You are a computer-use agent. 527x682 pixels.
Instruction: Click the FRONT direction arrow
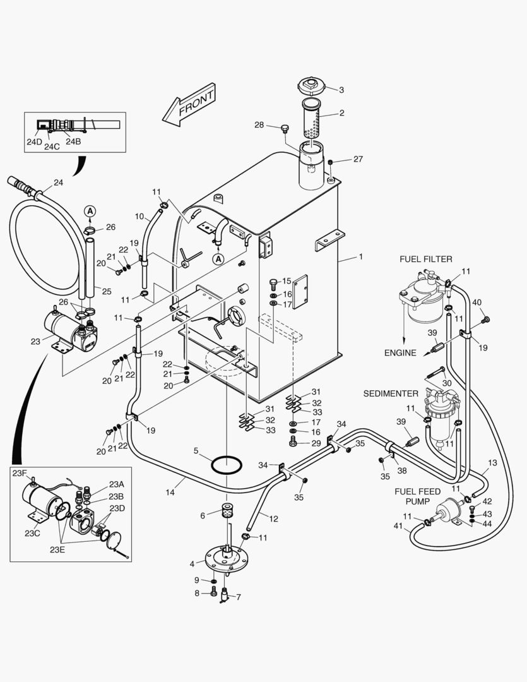click(189, 105)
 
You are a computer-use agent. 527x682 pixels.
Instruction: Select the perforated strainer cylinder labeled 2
click(311, 119)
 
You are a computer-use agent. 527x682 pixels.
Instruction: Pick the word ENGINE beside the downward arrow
click(400, 353)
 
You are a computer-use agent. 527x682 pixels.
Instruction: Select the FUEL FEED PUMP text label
click(417, 496)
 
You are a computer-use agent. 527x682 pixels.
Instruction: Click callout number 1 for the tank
click(360, 256)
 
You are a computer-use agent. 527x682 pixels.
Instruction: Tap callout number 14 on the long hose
click(170, 492)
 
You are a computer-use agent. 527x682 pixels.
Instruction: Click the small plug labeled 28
click(285, 129)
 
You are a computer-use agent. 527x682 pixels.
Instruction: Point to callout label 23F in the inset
click(19, 473)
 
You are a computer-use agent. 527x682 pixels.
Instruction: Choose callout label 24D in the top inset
click(34, 142)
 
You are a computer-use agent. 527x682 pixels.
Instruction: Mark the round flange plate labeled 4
click(227, 558)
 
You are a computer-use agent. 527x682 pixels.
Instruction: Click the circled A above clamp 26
click(90, 212)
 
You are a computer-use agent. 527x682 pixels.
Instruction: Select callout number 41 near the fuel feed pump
click(398, 526)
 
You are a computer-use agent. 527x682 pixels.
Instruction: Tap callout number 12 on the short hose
click(273, 518)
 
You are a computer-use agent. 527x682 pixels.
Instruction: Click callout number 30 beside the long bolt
click(447, 383)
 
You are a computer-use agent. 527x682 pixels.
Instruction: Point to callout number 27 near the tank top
click(358, 159)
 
